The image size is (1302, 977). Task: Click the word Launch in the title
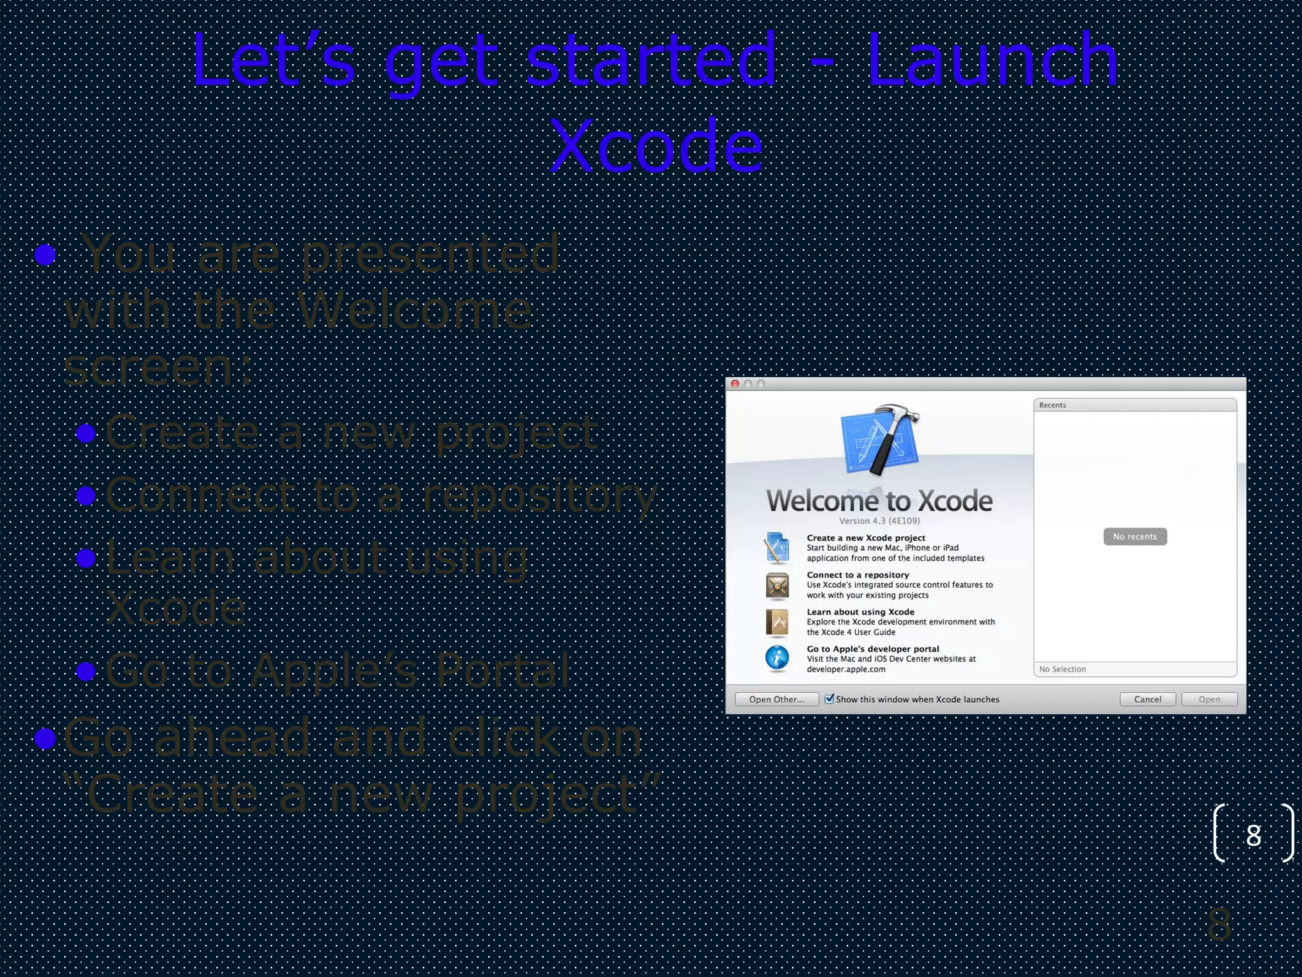click(x=992, y=60)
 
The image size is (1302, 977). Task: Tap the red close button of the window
click(x=735, y=384)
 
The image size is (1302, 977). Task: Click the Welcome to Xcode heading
click(x=879, y=501)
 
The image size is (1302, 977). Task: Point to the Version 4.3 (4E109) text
click(x=879, y=521)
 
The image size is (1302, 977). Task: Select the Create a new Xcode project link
click(x=865, y=538)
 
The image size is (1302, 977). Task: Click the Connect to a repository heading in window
click(x=858, y=575)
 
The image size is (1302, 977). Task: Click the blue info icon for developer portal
click(x=777, y=658)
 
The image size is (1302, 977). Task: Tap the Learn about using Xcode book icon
click(x=777, y=622)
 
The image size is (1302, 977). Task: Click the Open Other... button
click(x=776, y=700)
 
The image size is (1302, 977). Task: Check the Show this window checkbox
click(x=829, y=699)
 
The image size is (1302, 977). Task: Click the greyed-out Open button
click(x=1209, y=700)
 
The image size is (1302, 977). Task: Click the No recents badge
click(x=1135, y=537)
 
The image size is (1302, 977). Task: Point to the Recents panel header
click(x=1135, y=405)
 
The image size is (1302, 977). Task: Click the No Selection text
click(x=1062, y=669)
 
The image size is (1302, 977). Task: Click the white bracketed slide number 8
click(x=1253, y=835)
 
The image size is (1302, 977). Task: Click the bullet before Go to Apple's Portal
click(x=86, y=671)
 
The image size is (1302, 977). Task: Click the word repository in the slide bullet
click(x=540, y=496)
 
